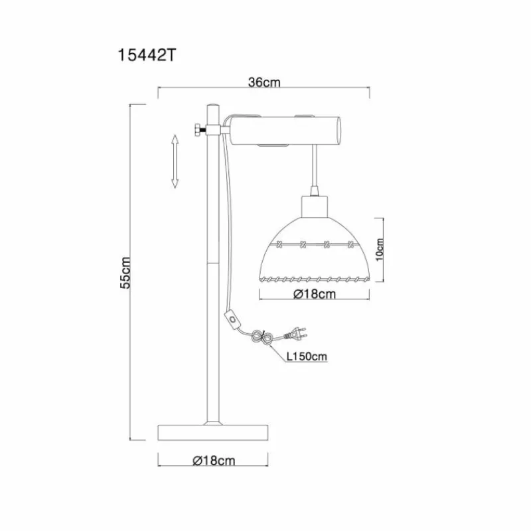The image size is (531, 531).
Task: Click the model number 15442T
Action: point(147,55)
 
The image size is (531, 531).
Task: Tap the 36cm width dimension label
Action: point(264,82)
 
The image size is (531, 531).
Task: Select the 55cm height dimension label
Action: point(125,273)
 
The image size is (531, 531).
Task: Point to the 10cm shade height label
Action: point(380,250)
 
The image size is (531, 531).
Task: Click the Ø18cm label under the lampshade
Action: point(314,294)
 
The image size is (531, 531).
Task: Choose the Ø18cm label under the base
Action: point(213,461)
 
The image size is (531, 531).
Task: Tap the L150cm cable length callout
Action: point(307,356)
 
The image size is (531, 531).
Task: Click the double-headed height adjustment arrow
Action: point(175,161)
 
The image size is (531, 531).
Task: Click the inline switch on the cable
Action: point(232,319)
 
